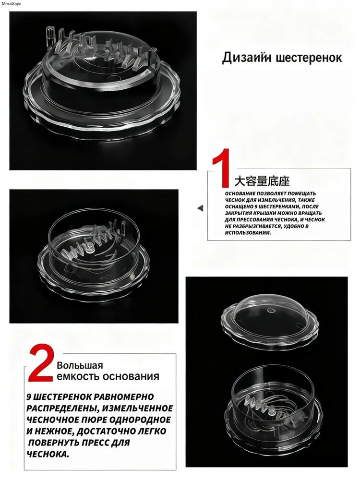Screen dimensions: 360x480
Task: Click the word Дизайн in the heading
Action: click(247, 58)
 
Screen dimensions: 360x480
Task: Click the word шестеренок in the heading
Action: click(309, 58)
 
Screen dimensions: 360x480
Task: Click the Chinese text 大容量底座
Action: click(262, 181)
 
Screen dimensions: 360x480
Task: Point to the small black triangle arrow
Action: click(200, 208)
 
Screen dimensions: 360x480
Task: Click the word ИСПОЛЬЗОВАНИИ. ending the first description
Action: click(244, 233)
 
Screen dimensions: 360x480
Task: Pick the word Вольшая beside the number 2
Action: click(80, 365)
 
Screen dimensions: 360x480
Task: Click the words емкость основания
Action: click(108, 376)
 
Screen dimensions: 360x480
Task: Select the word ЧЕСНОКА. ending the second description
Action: click(48, 454)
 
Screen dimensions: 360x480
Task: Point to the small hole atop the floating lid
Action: click(270, 311)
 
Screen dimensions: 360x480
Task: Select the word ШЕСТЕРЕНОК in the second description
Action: click(62, 397)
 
